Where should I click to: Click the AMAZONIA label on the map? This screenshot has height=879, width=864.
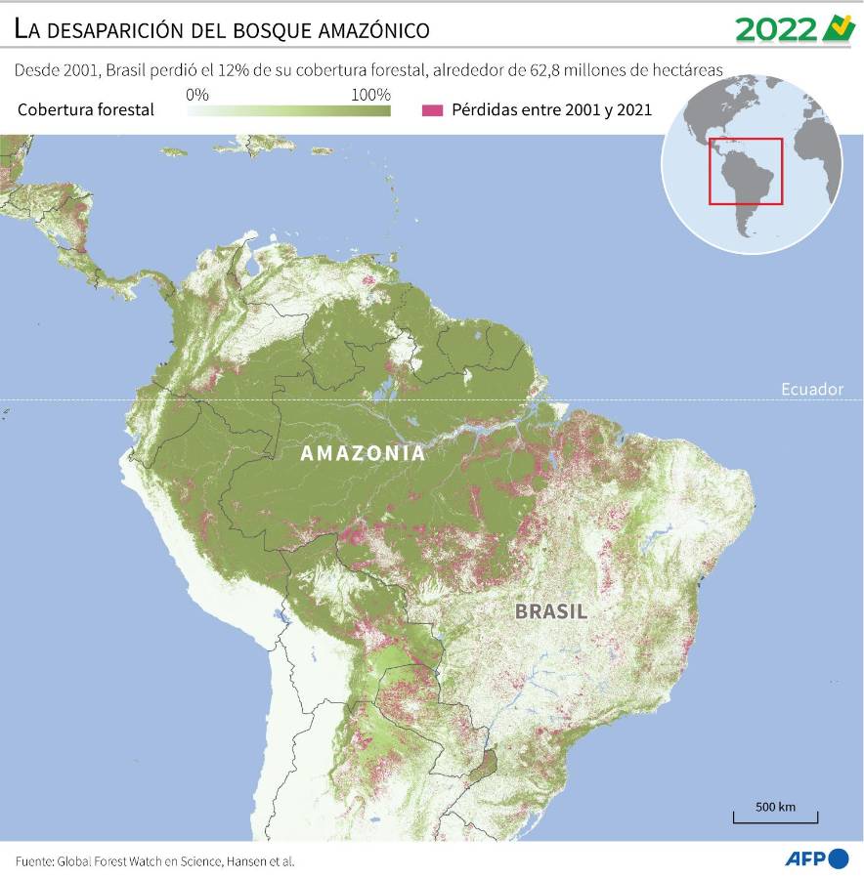[363, 453]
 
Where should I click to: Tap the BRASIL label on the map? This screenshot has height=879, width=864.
[551, 612]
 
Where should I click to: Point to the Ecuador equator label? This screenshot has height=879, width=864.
[811, 389]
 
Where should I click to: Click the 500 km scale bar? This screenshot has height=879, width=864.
[775, 816]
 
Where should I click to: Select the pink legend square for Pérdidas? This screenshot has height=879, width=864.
[431, 109]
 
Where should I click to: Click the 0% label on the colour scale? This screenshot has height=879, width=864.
[196, 95]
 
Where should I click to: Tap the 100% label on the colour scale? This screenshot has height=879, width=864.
[370, 95]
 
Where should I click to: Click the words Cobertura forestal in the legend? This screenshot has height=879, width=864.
[86, 109]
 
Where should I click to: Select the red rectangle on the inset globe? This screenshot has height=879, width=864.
[746, 172]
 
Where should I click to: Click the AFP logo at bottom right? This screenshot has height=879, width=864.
[817, 858]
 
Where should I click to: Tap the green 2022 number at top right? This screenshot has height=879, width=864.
[775, 29]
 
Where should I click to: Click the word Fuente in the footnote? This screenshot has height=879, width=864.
[33, 861]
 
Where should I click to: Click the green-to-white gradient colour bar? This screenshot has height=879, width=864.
[288, 110]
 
